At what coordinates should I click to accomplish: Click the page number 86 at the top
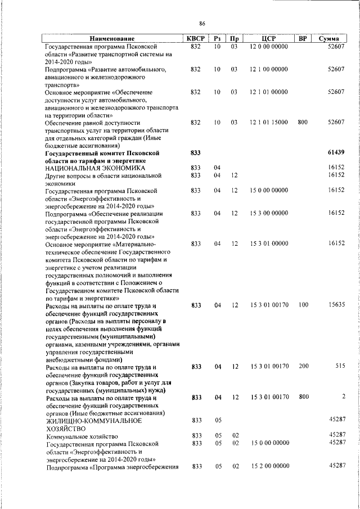tap(202, 23)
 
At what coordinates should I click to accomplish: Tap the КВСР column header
tap(195, 39)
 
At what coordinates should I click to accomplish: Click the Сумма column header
tap(328, 39)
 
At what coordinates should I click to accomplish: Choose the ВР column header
tap(303, 39)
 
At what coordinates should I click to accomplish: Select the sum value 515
tap(339, 366)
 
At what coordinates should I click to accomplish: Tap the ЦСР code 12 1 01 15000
tap(269, 122)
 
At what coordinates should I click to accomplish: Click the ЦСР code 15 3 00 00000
tap(269, 213)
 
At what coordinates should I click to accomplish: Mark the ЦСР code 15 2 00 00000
tap(269, 466)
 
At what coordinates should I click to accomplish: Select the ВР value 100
tap(303, 305)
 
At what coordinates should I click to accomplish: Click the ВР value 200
tap(303, 366)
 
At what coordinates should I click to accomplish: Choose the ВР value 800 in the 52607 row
tap(303, 122)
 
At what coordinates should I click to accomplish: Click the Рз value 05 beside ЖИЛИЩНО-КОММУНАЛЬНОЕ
tap(217, 420)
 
